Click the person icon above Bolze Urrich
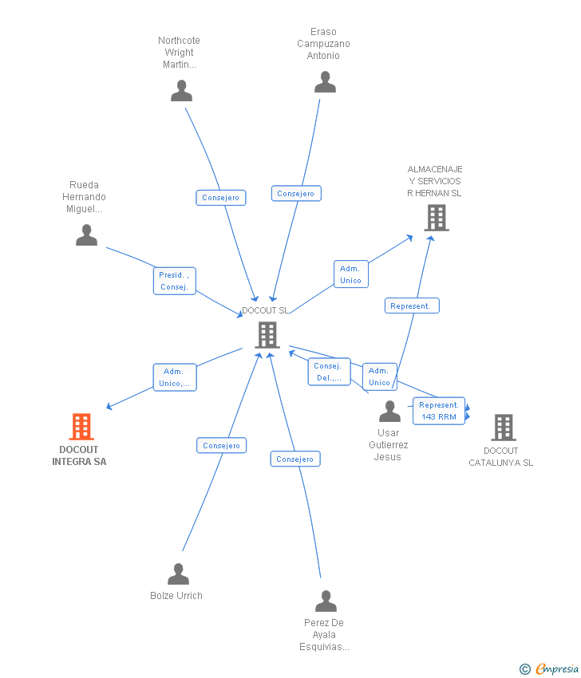point(178,574)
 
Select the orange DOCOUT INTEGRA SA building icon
point(81,427)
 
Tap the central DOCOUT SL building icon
point(267,335)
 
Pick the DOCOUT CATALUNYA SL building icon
point(504,428)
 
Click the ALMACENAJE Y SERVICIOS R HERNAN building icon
point(436,218)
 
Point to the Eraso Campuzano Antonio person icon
point(325,82)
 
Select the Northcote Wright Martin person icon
point(181,90)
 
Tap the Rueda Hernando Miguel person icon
point(86,235)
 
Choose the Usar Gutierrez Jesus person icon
point(389,412)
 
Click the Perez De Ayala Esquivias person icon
point(326,601)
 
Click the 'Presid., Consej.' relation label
point(174,281)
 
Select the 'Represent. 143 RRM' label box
point(438,411)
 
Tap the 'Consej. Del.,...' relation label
point(328,372)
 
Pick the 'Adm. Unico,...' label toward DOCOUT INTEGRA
point(174,377)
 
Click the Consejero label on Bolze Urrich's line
point(221,446)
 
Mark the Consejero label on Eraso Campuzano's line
point(296,193)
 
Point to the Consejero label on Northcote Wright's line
point(221,198)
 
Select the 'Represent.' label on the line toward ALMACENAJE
point(411,305)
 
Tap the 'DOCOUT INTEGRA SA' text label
point(79,455)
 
